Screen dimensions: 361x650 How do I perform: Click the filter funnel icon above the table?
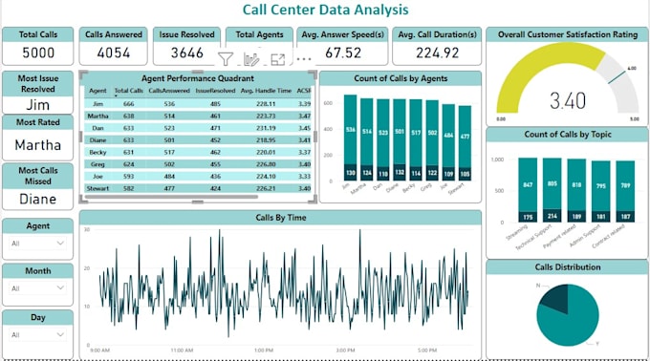point(226,59)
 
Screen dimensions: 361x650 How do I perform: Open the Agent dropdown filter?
point(36,244)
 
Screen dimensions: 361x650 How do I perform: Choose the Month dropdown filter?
point(36,290)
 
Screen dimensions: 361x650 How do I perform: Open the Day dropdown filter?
point(36,335)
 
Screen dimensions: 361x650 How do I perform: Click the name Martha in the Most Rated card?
point(37,145)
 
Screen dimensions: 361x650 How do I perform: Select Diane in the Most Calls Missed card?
point(37,199)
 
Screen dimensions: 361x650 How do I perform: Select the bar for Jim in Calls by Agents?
point(351,134)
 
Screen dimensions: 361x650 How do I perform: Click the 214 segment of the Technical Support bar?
point(552,216)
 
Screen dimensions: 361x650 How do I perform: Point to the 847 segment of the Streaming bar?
point(528,184)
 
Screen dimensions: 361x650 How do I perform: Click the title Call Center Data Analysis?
point(325,10)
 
